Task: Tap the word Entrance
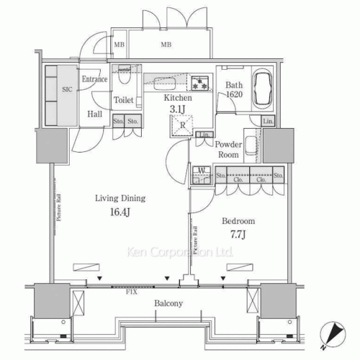point(94,79)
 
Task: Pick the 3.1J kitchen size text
point(177,109)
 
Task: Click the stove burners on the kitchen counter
point(202,81)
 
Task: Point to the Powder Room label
point(228,148)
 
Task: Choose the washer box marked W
point(202,174)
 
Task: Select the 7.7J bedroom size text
point(238,235)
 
